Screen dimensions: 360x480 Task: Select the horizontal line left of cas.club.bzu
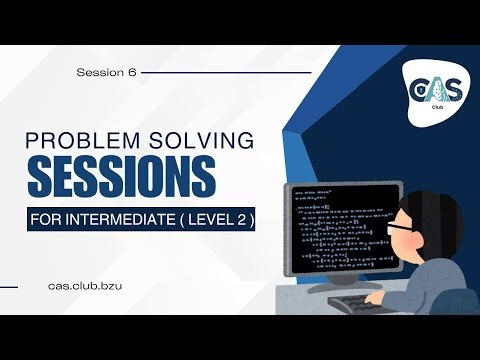point(22,286)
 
